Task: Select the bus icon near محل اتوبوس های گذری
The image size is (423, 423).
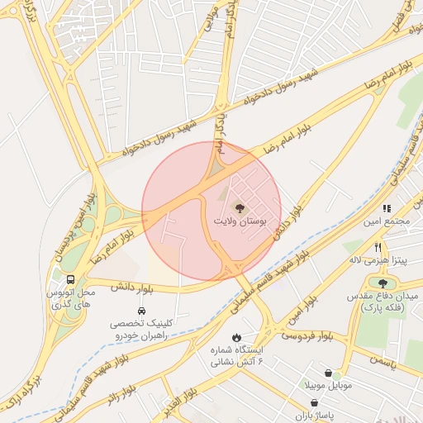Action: coord(72,280)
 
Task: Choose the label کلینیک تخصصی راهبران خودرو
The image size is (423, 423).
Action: coord(141,330)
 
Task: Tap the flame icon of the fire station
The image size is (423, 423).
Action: coord(237,337)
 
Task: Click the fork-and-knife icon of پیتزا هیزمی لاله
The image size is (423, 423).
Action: coord(378,247)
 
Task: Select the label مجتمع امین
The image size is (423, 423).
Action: coord(387,222)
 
